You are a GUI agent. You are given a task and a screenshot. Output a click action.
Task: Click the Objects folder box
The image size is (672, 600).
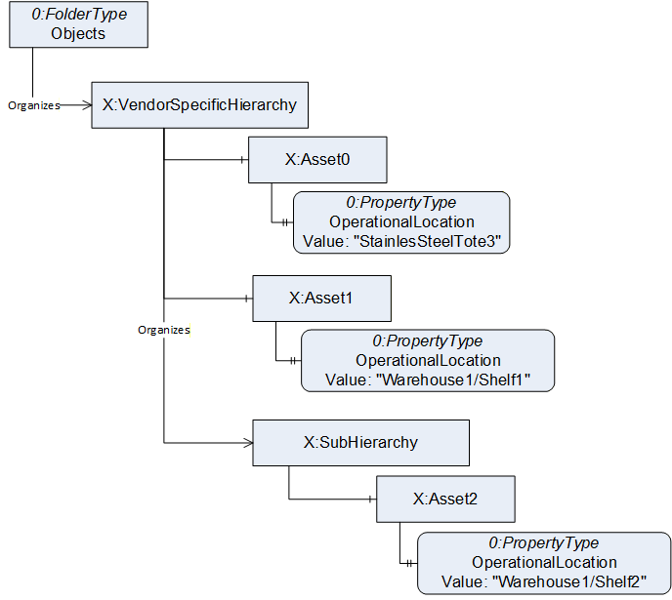tap(78, 24)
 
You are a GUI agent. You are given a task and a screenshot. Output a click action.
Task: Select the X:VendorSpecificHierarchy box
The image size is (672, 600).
tap(199, 105)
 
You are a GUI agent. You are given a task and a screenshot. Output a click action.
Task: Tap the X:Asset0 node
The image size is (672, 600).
tap(317, 160)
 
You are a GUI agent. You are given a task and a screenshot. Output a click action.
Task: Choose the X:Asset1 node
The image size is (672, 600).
tap(322, 299)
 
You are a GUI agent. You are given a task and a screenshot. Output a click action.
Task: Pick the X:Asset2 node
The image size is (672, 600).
tap(445, 499)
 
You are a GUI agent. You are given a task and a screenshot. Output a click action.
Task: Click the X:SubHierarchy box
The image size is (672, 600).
tap(360, 443)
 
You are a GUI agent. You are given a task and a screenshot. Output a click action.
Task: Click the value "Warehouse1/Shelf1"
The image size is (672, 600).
tap(453, 380)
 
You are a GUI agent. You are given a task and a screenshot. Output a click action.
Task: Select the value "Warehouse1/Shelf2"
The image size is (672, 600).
tap(569, 582)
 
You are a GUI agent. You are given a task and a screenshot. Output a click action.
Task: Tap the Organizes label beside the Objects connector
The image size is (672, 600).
tap(34, 105)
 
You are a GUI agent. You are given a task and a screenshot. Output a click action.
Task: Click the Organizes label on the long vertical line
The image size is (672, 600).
tap(164, 330)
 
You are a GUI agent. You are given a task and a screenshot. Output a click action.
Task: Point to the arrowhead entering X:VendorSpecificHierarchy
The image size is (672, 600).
tap(88, 105)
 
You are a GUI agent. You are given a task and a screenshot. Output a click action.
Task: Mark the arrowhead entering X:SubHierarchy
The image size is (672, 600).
tap(248, 443)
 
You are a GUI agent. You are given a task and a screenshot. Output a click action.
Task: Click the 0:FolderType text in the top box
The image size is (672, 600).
tap(79, 14)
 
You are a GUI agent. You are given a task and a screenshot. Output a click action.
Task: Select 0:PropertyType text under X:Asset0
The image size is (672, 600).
tap(401, 202)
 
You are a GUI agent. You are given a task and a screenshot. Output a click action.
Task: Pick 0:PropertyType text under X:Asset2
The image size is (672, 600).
tap(543, 543)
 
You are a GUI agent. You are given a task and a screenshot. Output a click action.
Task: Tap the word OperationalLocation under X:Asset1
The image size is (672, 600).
tap(428, 360)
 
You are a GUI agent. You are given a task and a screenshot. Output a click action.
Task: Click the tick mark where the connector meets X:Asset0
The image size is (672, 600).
tap(242, 160)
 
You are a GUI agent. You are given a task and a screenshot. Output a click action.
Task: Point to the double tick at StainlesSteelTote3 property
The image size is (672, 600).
tap(284, 222)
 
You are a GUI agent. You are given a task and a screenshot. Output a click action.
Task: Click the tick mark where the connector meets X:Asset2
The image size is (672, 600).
tap(370, 499)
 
